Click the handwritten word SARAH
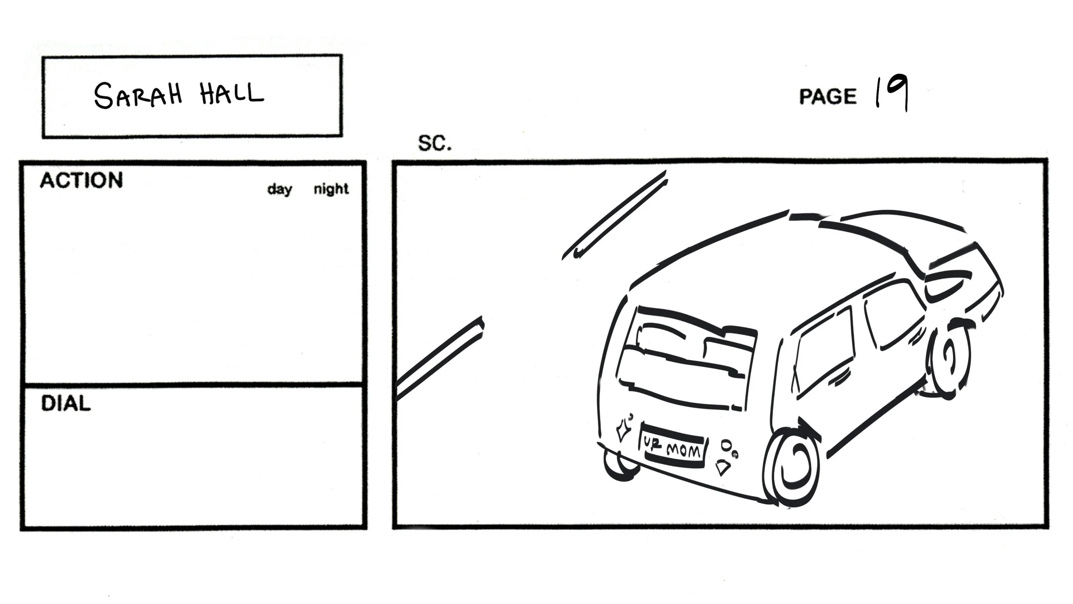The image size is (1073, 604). pyautogui.click(x=137, y=95)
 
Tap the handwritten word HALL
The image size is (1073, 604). pyautogui.click(x=231, y=93)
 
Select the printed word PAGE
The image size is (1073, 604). pyautogui.click(x=827, y=96)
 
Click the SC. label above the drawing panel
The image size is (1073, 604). pyautogui.click(x=435, y=143)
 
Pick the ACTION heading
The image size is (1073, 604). pyautogui.click(x=81, y=180)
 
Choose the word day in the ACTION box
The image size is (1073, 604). pyautogui.click(x=279, y=189)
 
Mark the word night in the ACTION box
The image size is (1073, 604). pyautogui.click(x=331, y=189)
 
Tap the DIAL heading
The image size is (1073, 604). pyautogui.click(x=66, y=404)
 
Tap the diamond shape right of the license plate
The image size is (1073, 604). pyautogui.click(x=723, y=467)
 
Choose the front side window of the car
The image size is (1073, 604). pyautogui.click(x=893, y=314)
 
